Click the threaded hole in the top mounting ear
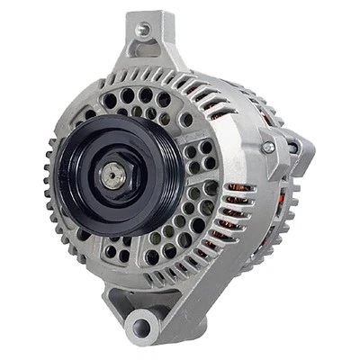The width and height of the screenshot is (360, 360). point(141,30)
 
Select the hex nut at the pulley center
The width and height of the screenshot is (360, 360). point(112,175)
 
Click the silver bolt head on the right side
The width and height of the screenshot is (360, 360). point(267,147)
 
